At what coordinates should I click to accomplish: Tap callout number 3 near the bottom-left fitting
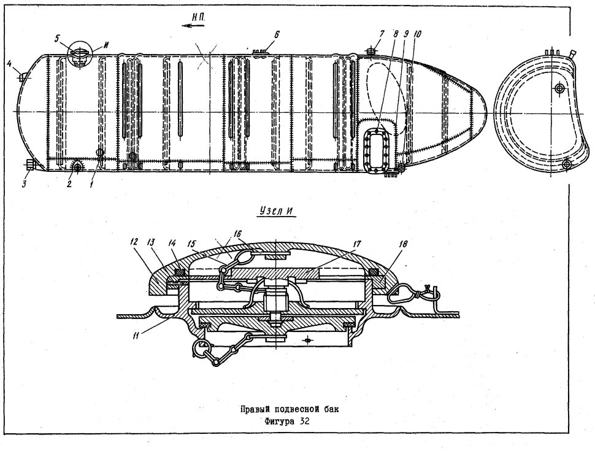25,184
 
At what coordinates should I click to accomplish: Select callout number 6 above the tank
277,35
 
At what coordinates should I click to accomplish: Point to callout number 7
382,34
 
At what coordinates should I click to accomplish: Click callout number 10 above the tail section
417,34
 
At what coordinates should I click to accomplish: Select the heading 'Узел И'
277,212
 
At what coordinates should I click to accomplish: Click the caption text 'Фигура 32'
288,422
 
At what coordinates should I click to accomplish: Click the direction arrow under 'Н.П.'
193,26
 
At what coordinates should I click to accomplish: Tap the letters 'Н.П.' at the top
198,17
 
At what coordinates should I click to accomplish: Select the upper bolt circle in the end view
558,89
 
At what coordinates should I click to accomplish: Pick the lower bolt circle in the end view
567,164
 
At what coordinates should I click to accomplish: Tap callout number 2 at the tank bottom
69,185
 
